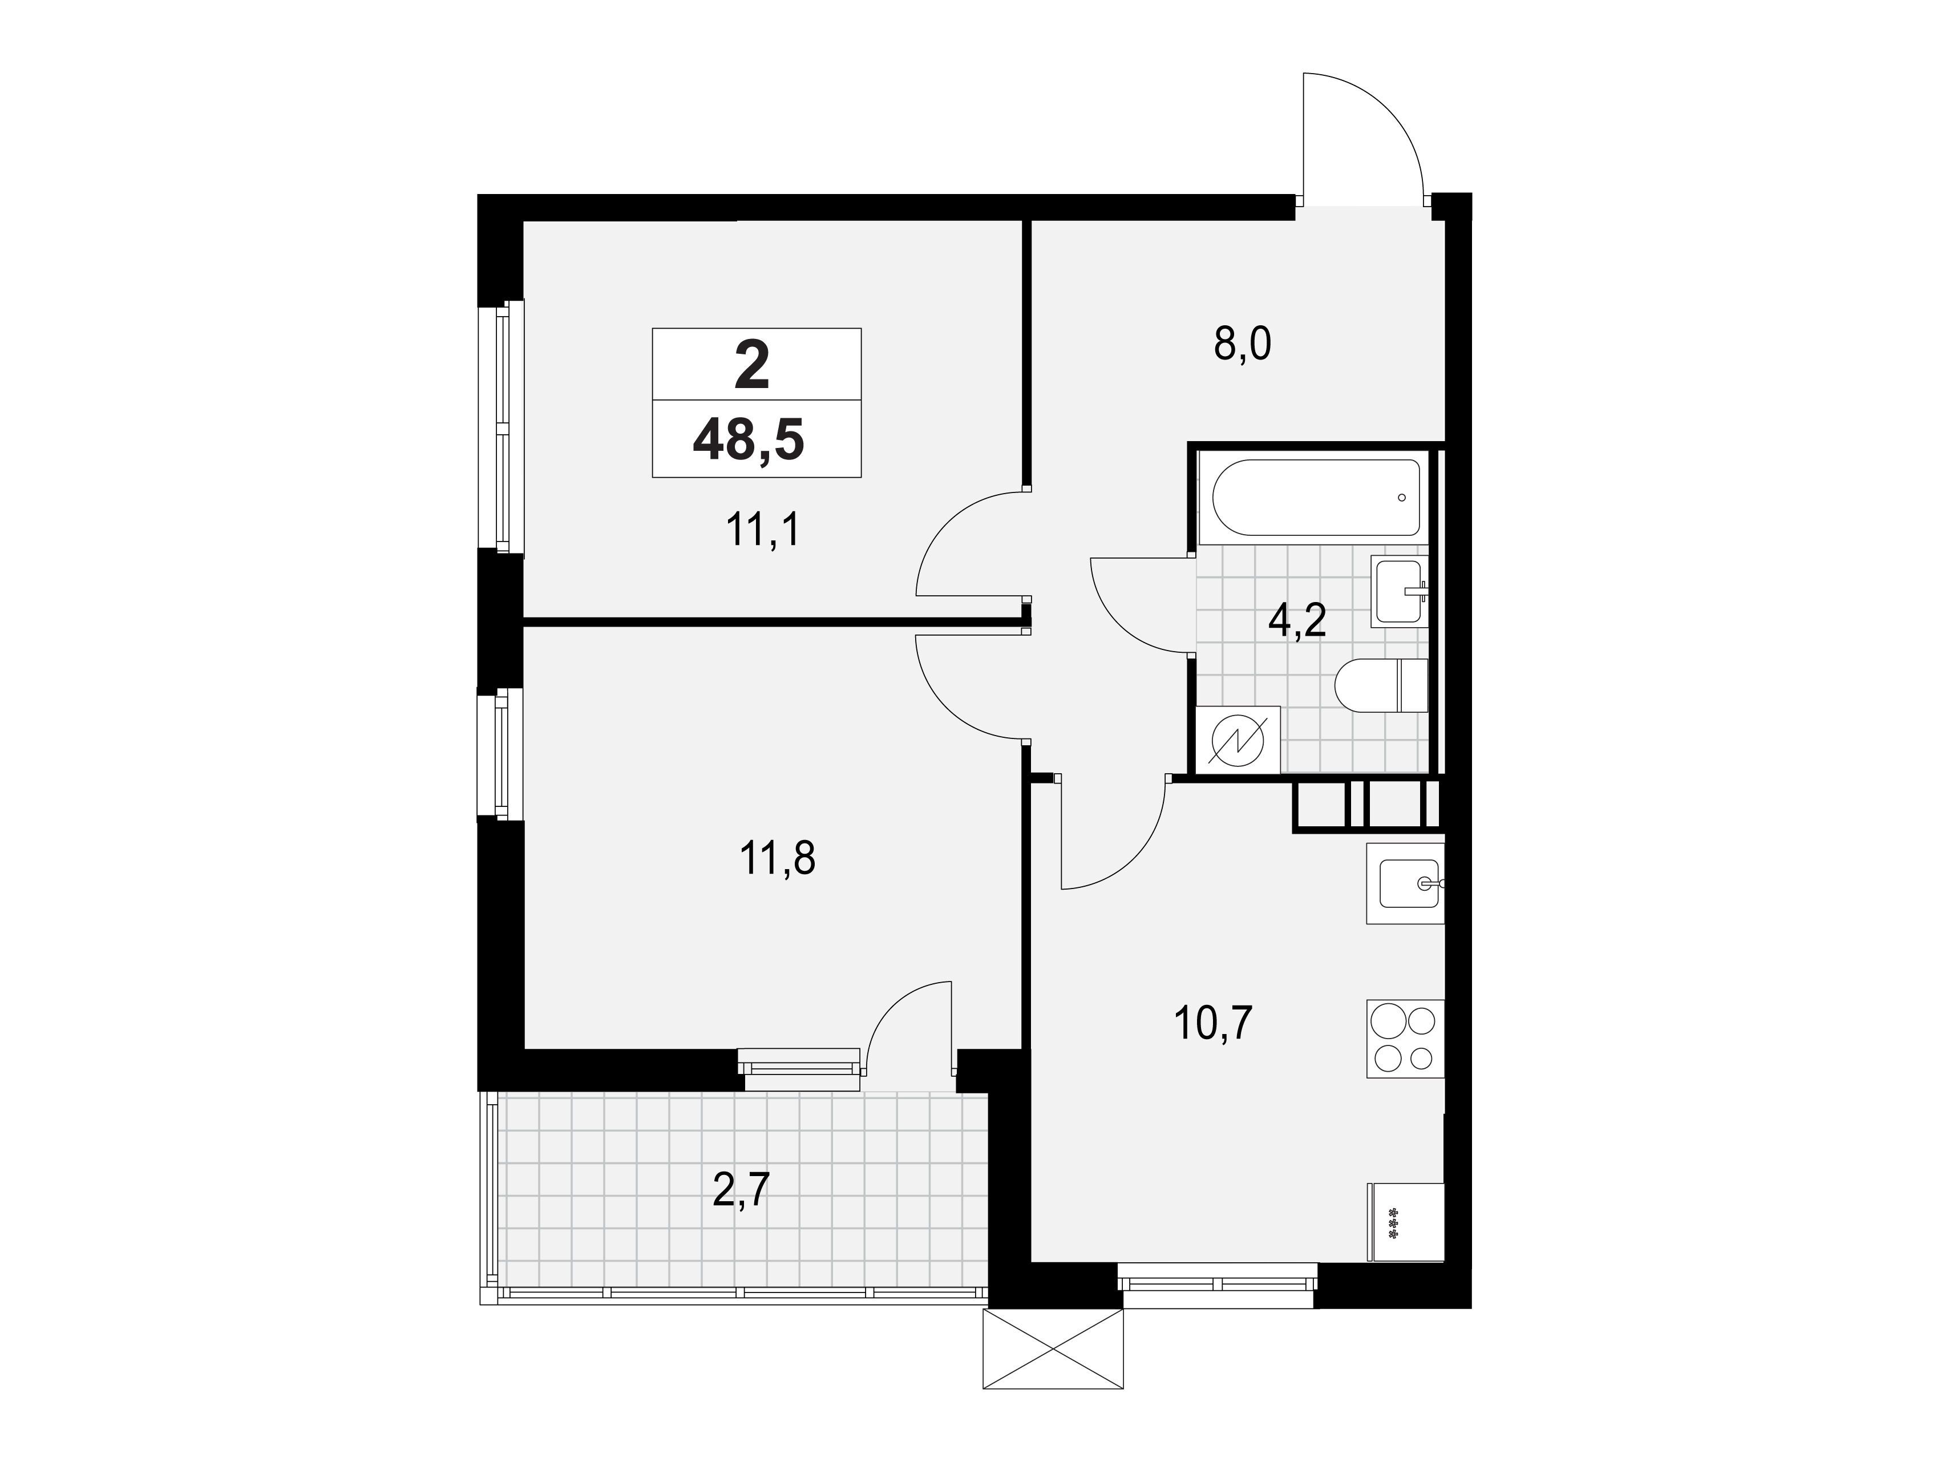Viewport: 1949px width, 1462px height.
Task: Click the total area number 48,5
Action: click(x=749, y=441)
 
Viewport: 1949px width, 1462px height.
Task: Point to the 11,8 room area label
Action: click(x=778, y=858)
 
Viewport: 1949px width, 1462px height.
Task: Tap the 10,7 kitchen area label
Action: click(x=1214, y=1023)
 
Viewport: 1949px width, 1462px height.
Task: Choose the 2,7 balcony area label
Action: click(x=741, y=1192)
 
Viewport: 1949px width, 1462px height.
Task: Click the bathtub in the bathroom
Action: click(x=1316, y=498)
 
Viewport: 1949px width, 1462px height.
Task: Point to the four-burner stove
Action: click(x=1405, y=1038)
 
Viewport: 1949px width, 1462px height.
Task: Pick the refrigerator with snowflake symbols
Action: click(x=1405, y=1222)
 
